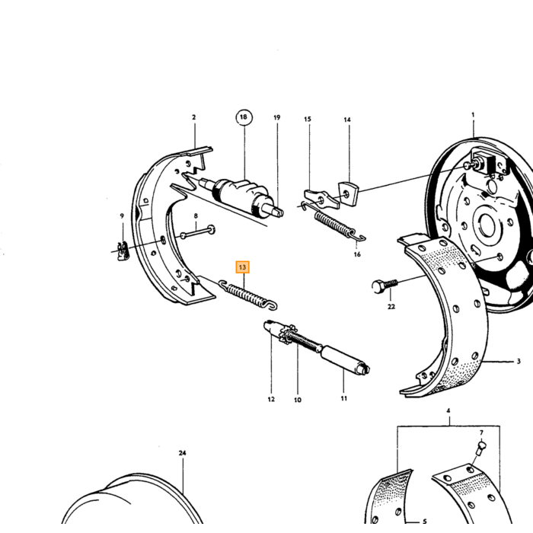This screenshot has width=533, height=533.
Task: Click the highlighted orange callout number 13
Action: pyautogui.click(x=242, y=267)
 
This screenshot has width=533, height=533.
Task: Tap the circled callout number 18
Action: pyautogui.click(x=244, y=117)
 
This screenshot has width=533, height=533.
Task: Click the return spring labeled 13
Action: pyautogui.click(x=247, y=295)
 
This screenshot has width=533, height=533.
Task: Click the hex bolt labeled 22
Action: pyautogui.click(x=385, y=286)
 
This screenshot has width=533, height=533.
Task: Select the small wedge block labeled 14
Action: pyautogui.click(x=348, y=193)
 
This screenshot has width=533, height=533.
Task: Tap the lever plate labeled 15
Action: pyautogui.click(x=321, y=199)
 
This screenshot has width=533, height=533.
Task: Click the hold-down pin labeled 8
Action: pyautogui.click(x=197, y=231)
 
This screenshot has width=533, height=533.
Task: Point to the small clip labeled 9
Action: pyautogui.click(x=123, y=251)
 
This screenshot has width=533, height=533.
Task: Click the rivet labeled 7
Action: pyautogui.click(x=482, y=448)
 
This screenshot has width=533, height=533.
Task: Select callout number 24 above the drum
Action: pyautogui.click(x=183, y=453)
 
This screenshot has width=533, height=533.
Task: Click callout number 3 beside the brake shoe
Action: pyautogui.click(x=519, y=361)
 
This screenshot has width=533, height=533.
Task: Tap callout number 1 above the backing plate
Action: pyautogui.click(x=473, y=115)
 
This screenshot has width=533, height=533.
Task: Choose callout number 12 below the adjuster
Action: pyautogui.click(x=271, y=399)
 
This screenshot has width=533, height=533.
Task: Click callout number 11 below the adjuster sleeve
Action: pyautogui.click(x=343, y=398)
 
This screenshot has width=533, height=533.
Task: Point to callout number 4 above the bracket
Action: pyautogui.click(x=448, y=410)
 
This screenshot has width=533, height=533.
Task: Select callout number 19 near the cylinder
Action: pyautogui.click(x=277, y=117)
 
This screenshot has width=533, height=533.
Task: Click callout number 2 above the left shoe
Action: pyautogui.click(x=193, y=117)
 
